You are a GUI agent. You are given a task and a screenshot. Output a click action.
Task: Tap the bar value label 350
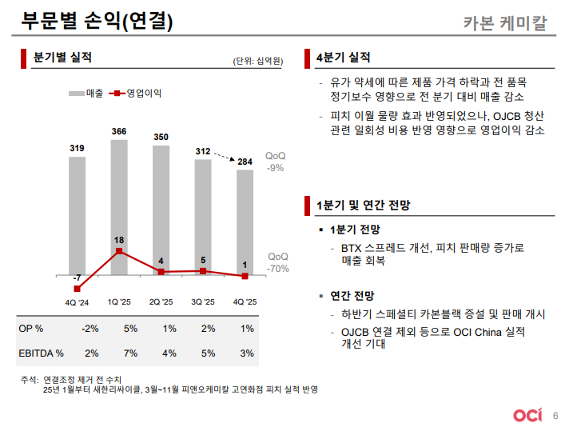click(x=161, y=138)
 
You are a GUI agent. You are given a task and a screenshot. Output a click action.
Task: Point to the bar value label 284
click(x=245, y=162)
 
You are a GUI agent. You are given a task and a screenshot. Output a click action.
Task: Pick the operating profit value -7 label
click(x=77, y=278)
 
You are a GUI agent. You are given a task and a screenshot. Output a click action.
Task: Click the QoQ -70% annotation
click(x=277, y=262)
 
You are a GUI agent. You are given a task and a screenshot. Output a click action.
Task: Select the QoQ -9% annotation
click(x=276, y=162)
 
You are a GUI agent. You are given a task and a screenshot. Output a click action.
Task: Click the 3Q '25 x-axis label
click(x=203, y=302)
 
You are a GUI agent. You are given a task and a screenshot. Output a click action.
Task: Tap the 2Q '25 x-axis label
click(x=161, y=302)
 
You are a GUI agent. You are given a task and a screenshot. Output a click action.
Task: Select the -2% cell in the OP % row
click(x=90, y=329)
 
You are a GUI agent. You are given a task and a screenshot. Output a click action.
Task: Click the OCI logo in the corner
click(x=527, y=413)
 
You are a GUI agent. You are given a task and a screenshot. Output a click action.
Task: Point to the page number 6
click(x=555, y=414)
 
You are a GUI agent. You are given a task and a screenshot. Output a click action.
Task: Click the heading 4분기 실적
click(x=344, y=58)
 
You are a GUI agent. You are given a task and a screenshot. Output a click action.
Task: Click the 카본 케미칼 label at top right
click(x=505, y=23)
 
